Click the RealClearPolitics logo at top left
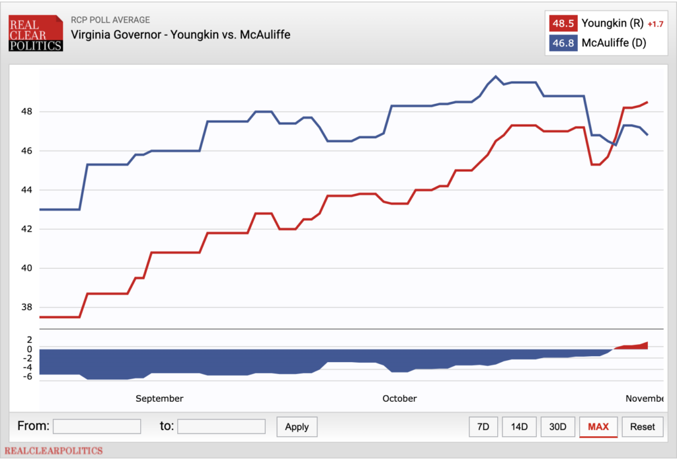(36, 32)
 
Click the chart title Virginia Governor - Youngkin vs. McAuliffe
(180, 34)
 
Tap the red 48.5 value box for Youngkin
(563, 24)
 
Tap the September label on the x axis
(159, 398)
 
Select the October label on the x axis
(399, 398)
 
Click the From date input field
(97, 426)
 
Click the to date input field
(221, 426)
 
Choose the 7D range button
(483, 427)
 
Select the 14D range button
(519, 427)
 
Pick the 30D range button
(557, 427)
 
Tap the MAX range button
(598, 427)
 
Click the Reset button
(643, 427)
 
